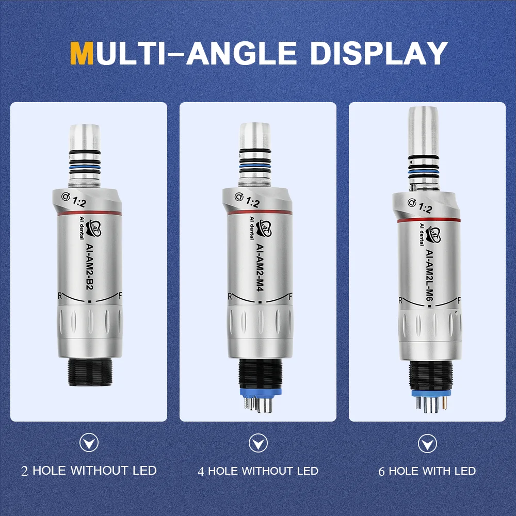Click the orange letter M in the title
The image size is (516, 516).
pyautogui.click(x=82, y=53)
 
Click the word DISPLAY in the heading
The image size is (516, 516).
pyautogui.click(x=378, y=53)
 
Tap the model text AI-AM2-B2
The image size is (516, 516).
pyautogui.click(x=89, y=267)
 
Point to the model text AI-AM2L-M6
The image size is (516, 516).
pyautogui.click(x=429, y=275)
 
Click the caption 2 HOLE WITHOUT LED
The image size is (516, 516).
pyautogui.click(x=89, y=471)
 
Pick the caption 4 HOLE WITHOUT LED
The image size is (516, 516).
pyautogui.click(x=258, y=471)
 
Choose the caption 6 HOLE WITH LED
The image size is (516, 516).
pyautogui.click(x=427, y=471)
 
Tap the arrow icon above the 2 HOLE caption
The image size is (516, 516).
pyautogui.click(x=89, y=443)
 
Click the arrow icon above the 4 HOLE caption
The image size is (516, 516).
pyautogui.click(x=258, y=443)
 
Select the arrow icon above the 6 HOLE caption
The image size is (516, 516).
pyautogui.click(x=427, y=443)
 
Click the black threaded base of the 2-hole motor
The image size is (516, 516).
pyautogui.click(x=90, y=372)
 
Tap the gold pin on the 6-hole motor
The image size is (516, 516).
pyautogui.click(x=444, y=402)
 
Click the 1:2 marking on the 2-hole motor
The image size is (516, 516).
pyautogui.click(x=79, y=201)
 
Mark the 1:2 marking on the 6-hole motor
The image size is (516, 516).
pyautogui.click(x=425, y=207)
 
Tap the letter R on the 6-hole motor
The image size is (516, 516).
pyautogui.click(x=400, y=300)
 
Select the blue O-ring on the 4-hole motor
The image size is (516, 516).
pyautogui.click(x=255, y=166)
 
